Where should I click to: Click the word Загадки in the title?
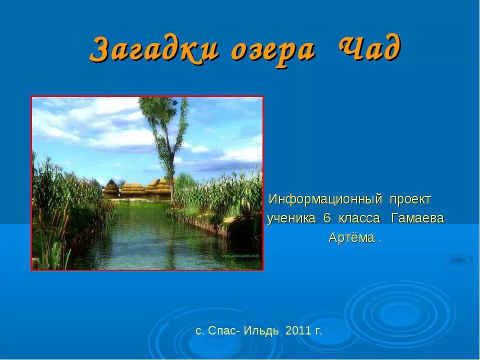click(155, 49)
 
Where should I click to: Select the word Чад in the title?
click(369, 48)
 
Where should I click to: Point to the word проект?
click(410, 199)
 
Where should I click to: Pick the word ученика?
click(291, 218)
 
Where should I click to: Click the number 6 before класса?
click(327, 218)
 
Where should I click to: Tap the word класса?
click(359, 218)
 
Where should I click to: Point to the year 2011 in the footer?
click(296, 331)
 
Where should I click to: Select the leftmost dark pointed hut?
click(111, 189)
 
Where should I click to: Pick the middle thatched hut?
click(133, 190)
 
